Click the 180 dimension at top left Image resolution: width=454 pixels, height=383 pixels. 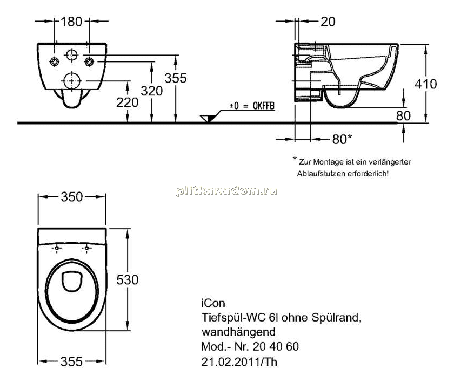[71, 22]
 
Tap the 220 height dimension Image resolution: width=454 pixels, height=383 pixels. [127, 102]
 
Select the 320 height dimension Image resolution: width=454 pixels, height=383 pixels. [152, 91]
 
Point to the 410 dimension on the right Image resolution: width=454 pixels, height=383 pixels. [426, 84]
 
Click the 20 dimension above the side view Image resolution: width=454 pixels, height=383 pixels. [328, 22]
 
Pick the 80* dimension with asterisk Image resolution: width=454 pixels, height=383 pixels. [342, 139]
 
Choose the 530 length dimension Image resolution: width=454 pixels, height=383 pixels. [128, 279]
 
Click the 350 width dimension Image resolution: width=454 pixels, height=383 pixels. [72, 197]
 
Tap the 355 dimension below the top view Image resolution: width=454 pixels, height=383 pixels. [71, 361]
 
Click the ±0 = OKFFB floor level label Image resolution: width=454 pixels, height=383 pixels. [252, 106]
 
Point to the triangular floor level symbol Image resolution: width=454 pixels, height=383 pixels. [208, 118]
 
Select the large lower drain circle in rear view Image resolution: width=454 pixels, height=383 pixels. [72, 81]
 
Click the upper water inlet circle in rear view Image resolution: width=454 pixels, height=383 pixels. [72, 55]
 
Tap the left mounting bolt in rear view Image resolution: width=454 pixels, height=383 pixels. [55, 61]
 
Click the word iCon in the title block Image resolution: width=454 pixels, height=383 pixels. [213, 303]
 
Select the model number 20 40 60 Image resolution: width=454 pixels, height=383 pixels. [276, 346]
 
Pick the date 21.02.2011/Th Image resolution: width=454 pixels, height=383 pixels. [239, 361]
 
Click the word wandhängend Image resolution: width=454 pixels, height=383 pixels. [238, 332]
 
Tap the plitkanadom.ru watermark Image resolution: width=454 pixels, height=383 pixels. [226, 191]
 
